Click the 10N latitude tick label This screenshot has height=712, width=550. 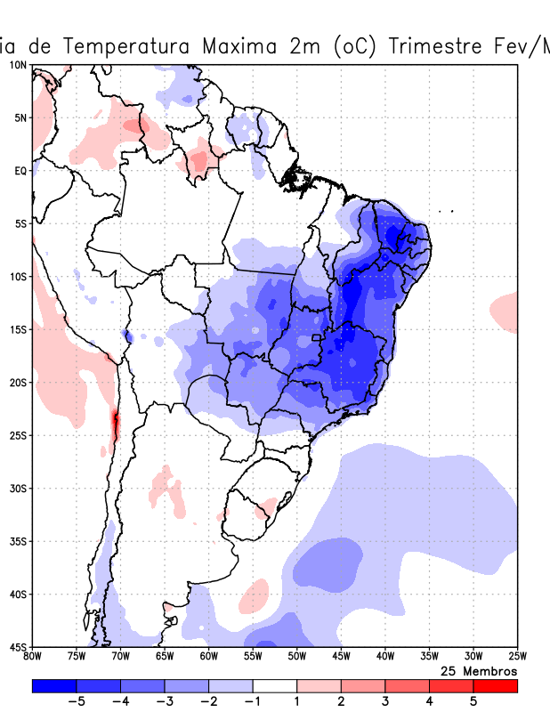point(18,65)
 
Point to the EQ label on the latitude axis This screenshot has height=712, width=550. point(20,171)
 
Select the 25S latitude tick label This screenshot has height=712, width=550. point(18,435)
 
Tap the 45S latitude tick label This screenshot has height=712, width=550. point(18,646)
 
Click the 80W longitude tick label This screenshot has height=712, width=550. point(33,657)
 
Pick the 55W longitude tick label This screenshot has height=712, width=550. point(253,657)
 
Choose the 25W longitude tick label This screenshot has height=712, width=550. point(517,657)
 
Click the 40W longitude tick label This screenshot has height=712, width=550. point(384,657)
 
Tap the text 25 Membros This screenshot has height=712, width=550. point(479,670)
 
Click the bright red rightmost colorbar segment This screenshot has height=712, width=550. point(495,685)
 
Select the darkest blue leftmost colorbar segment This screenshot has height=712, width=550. point(54,685)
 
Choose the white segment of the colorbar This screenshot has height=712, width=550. point(275,685)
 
